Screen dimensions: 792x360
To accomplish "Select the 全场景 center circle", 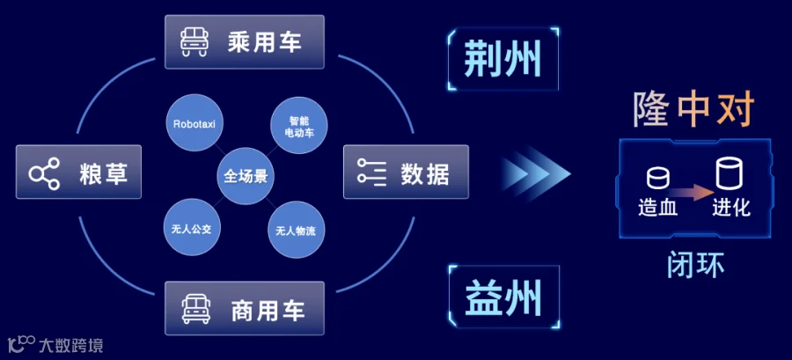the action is pyautogui.click(x=246, y=176).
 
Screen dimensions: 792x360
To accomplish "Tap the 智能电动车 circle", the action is pyautogui.click(x=299, y=126).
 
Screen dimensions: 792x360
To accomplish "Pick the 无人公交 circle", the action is pyautogui.click(x=193, y=227).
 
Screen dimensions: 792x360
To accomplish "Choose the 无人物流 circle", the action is pyautogui.click(x=296, y=231).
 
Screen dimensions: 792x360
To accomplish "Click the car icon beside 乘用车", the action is pyautogui.click(x=194, y=42).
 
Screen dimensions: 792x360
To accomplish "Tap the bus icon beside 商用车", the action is pyautogui.click(x=196, y=308).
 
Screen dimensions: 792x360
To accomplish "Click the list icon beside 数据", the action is pyautogui.click(x=371, y=171).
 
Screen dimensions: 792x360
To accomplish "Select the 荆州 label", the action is pyautogui.click(x=502, y=59).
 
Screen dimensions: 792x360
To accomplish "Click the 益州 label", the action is pyautogui.click(x=503, y=298).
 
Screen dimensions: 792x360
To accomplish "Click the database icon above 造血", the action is pyautogui.click(x=658, y=179).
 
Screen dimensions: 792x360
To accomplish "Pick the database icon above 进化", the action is pyautogui.click(x=730, y=173).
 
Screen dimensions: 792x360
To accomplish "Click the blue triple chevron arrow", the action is pyautogui.click(x=536, y=173).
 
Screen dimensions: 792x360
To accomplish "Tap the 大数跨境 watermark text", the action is pyautogui.click(x=70, y=346).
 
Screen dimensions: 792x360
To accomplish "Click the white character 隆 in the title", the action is pyautogui.click(x=651, y=108).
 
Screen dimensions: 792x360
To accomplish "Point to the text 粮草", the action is pyautogui.click(x=103, y=173).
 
